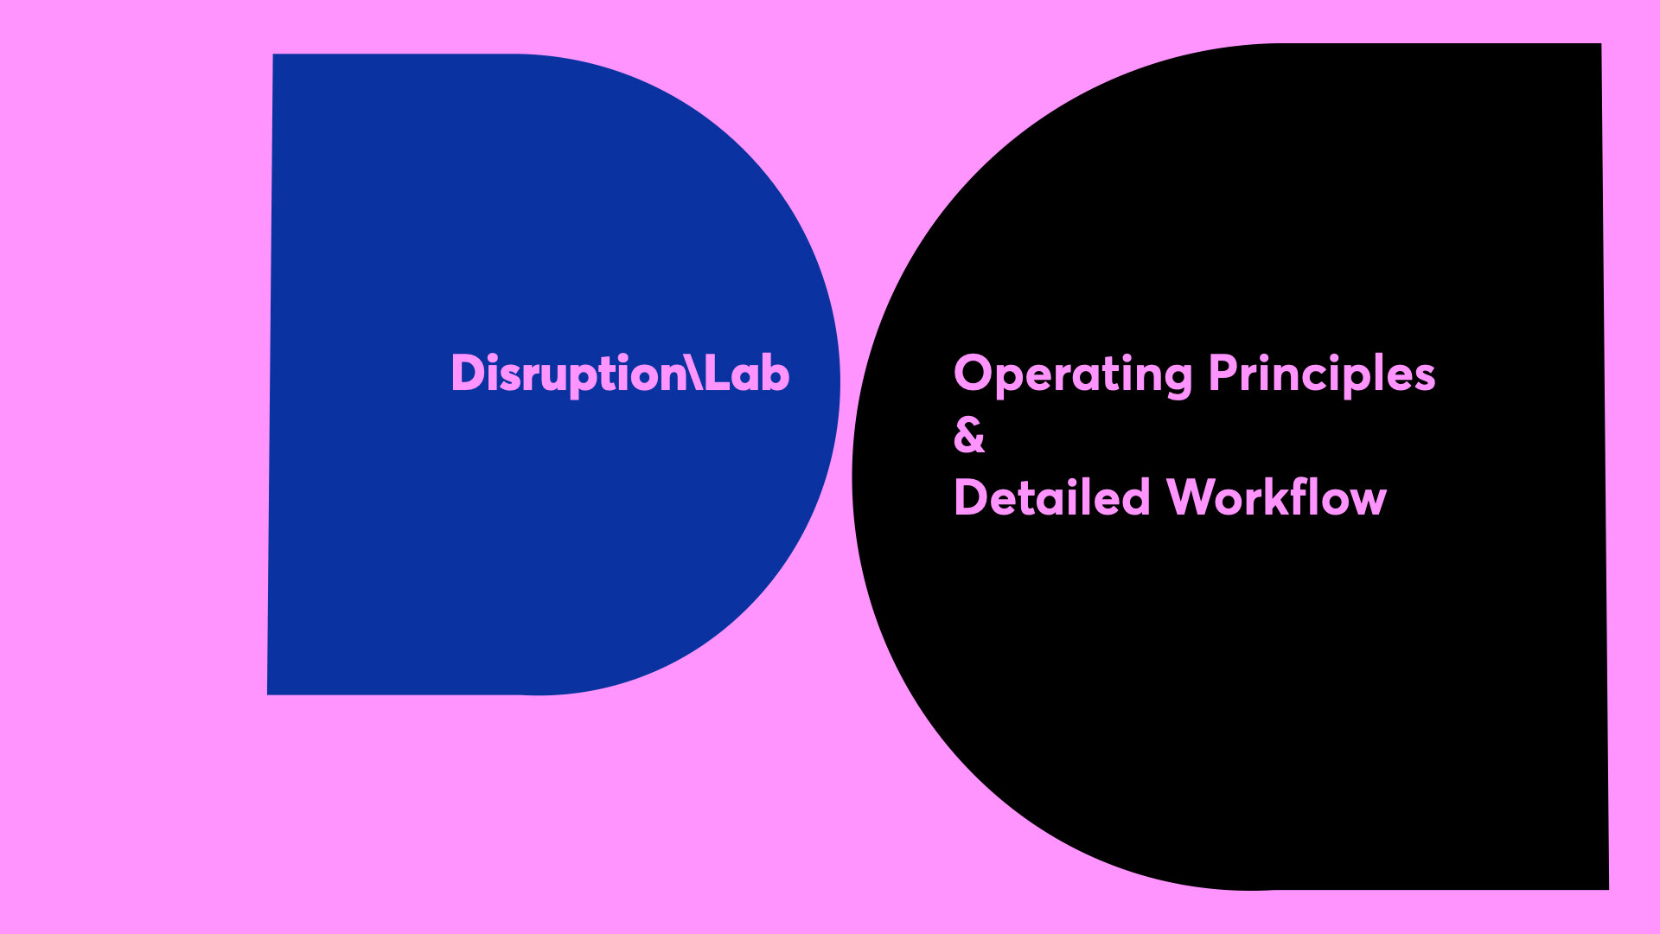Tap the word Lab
click(x=747, y=374)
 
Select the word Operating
click(x=1073, y=374)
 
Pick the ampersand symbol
click(x=969, y=435)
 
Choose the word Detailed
click(x=1051, y=497)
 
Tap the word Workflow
click(x=1276, y=497)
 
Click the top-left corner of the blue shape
click(x=274, y=55)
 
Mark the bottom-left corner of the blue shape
click(x=269, y=693)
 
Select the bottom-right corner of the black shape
click(x=1607, y=888)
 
